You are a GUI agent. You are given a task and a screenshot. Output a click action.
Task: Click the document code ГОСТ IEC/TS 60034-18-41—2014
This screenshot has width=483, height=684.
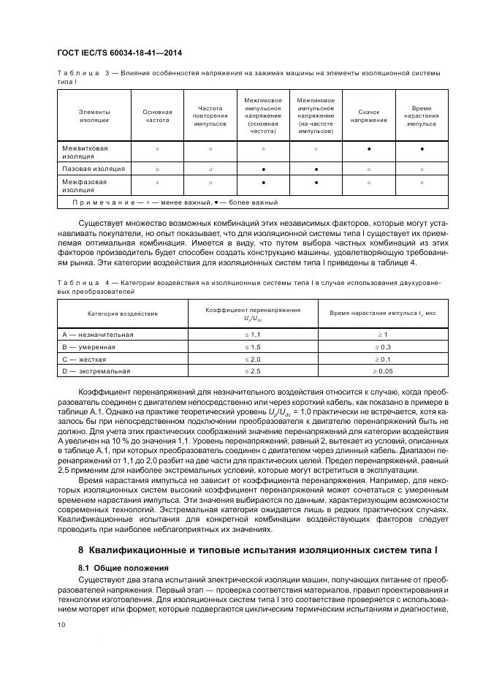click(119, 53)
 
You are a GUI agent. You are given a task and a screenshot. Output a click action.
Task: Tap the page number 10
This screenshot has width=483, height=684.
click(60, 623)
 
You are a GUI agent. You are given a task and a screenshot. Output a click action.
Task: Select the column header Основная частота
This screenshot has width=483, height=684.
click(157, 115)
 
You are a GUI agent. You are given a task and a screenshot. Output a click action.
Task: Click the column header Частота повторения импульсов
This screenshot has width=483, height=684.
click(210, 115)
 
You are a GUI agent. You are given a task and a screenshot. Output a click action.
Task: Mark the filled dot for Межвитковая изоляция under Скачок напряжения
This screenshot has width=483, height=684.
click(369, 149)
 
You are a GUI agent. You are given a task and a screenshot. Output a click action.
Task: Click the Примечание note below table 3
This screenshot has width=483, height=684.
click(175, 202)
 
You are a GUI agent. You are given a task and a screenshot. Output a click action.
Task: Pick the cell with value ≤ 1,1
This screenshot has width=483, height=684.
click(252, 334)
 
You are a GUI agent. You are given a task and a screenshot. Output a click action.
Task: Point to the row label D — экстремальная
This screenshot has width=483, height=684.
click(96, 371)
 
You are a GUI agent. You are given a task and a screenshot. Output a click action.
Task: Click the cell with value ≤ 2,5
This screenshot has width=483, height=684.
click(252, 371)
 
